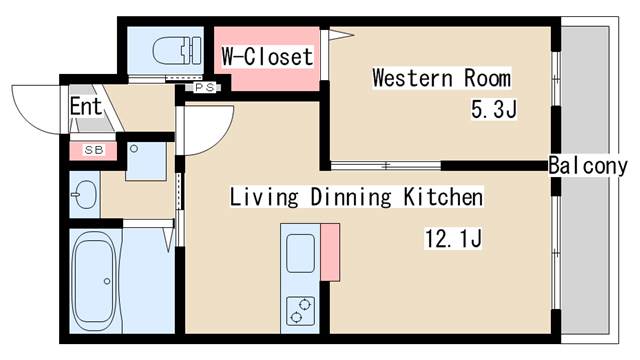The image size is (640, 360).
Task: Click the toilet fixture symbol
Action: [x=177, y=51]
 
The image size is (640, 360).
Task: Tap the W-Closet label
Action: [x=267, y=56]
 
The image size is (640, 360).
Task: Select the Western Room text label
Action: [x=441, y=78]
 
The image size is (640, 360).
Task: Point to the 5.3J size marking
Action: [x=494, y=109]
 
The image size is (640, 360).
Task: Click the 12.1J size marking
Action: [x=453, y=238]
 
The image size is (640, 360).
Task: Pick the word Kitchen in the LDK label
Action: [x=443, y=197]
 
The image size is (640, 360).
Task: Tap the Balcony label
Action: [x=588, y=166]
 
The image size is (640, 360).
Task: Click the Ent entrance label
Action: [x=85, y=106]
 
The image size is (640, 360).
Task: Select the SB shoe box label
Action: [x=94, y=150]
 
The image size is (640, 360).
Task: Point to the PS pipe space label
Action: [x=204, y=87]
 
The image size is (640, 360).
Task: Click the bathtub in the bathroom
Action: [x=94, y=280]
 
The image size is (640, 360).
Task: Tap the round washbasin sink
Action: [x=85, y=195]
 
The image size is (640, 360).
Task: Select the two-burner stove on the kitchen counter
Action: [x=300, y=311]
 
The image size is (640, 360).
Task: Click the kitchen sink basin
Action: [x=300, y=253]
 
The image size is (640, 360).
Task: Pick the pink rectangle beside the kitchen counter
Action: [x=330, y=252]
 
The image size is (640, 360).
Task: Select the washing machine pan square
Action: [x=146, y=161]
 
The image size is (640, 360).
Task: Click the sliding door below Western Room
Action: [x=386, y=166]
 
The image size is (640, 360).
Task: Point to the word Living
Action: [x=264, y=197]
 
